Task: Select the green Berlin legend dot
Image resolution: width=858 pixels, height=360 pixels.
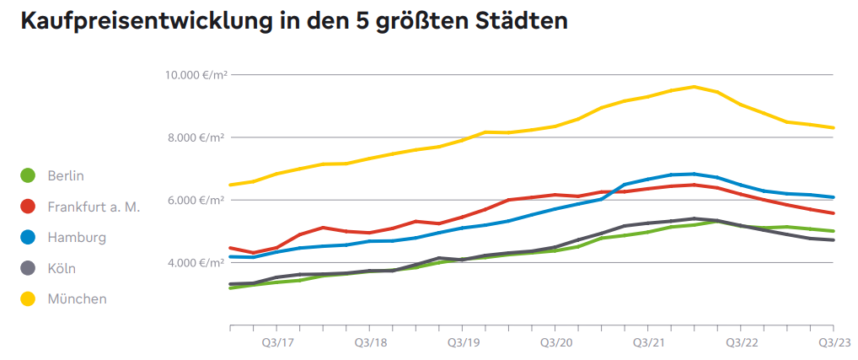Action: (28, 175)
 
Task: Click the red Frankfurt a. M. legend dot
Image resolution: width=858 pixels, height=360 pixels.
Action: (28, 207)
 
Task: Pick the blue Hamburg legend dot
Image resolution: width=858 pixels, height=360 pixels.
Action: (28, 237)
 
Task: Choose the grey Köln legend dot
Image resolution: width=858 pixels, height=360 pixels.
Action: (28, 268)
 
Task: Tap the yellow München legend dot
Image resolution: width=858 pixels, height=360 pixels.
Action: (28, 298)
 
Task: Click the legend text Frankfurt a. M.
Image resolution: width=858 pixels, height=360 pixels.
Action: (94, 207)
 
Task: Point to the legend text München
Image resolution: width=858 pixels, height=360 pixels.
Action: (77, 298)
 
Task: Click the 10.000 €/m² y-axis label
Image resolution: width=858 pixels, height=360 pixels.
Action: (194, 75)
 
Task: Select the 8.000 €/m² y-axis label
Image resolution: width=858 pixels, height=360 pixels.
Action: (196, 137)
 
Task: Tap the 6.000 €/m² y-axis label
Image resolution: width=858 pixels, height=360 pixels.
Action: (196, 200)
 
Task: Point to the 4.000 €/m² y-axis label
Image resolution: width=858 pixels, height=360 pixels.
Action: (196, 263)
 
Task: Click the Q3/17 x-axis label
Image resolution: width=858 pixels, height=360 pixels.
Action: (276, 343)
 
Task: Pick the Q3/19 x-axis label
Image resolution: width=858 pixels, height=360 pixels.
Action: (462, 343)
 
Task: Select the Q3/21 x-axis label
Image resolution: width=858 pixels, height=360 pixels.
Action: (647, 343)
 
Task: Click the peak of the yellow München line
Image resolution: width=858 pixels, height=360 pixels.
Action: (694, 86)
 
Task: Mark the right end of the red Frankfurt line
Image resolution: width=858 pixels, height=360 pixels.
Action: (834, 213)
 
